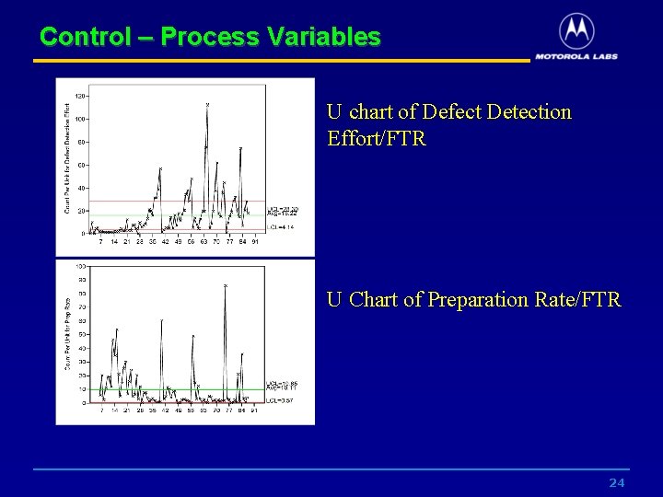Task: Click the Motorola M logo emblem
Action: click(576, 31)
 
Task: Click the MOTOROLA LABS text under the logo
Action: click(576, 55)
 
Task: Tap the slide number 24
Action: click(617, 483)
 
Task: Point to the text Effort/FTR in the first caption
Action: click(376, 139)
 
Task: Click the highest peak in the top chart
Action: click(207, 105)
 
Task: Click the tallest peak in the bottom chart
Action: click(225, 286)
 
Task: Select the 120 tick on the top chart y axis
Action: click(81, 96)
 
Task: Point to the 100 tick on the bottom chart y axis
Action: click(81, 266)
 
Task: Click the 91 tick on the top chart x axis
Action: click(255, 241)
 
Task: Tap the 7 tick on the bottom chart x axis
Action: click(101, 410)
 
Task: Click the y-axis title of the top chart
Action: click(66, 158)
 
